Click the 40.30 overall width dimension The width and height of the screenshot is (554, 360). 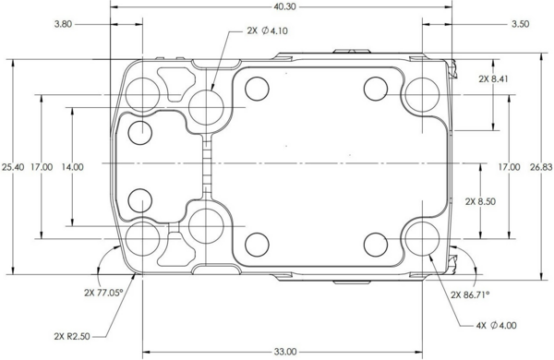(x=284, y=6)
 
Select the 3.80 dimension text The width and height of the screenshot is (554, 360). (x=63, y=24)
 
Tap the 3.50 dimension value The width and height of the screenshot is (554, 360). (x=521, y=24)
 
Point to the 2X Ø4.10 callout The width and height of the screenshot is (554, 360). (x=268, y=30)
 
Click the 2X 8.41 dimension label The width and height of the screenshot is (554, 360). (x=494, y=78)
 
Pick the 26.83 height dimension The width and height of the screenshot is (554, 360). (x=541, y=167)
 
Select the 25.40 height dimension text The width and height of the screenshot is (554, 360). (x=13, y=167)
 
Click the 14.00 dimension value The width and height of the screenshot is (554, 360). (x=72, y=167)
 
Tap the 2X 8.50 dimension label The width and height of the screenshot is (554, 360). (x=480, y=202)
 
